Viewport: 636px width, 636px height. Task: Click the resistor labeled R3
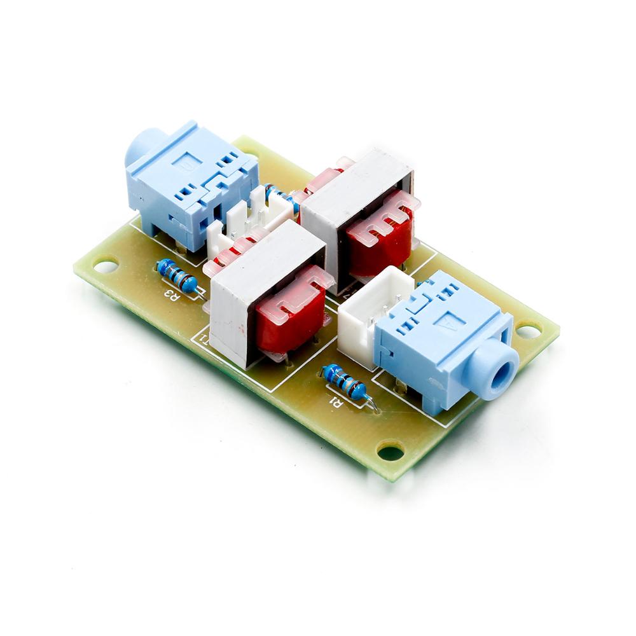tap(177, 275)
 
